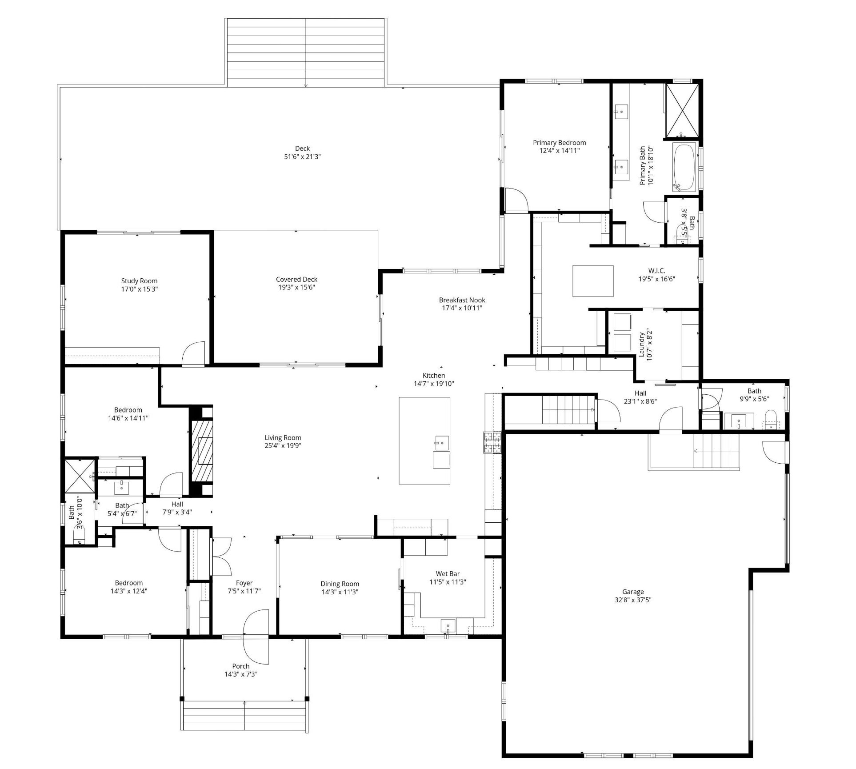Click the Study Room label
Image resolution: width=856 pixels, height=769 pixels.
(139, 280)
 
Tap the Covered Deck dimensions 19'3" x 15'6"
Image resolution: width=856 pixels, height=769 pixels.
(296, 287)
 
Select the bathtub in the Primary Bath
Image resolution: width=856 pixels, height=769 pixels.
(684, 167)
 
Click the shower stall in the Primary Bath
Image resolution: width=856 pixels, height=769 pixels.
(682, 110)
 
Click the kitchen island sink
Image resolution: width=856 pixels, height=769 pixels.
(442, 443)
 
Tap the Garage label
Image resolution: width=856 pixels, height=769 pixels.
(633, 592)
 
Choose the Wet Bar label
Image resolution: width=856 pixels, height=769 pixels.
(448, 573)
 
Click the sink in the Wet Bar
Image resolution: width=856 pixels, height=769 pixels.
(448, 626)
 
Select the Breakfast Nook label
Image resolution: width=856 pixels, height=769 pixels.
(462, 300)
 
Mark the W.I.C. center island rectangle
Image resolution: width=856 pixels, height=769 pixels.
(593, 281)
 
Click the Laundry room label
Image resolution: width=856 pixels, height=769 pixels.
(641, 344)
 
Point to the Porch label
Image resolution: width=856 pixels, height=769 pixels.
(241, 666)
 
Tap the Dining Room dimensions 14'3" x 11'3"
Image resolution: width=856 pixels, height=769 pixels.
(340, 592)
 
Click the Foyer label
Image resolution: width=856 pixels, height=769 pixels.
(244, 583)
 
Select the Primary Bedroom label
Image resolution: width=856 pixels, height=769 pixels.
(560, 143)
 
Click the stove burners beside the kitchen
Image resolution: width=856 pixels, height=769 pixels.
(492, 442)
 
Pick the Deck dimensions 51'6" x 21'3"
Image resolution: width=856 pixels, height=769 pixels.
(302, 156)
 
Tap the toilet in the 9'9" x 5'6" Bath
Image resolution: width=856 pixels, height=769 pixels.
(771, 420)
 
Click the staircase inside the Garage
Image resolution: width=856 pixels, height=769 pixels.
(716, 451)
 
